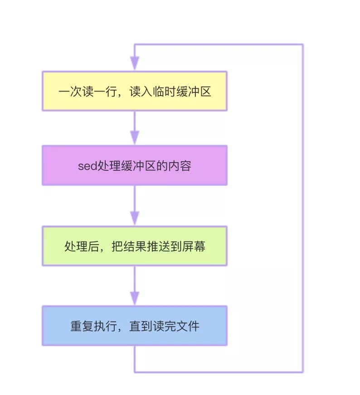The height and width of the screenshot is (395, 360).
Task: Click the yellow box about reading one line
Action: pyautogui.click(x=134, y=91)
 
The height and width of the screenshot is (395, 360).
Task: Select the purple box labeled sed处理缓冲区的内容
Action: pyautogui.click(x=134, y=165)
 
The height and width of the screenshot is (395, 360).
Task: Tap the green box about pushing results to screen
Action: pyautogui.click(x=134, y=246)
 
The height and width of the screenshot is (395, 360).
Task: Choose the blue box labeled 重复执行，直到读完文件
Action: pyautogui.click(x=134, y=326)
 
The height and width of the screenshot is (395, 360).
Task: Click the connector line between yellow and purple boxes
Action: pyautogui.click(x=135, y=120)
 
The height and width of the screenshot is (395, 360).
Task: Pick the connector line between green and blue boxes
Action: pyautogui.click(x=135, y=279)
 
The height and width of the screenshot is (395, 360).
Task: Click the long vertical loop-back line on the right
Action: pyautogui.click(x=302, y=208)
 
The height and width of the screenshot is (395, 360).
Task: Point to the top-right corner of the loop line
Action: pyautogui.click(x=302, y=44)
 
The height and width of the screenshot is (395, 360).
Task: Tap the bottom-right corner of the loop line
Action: pyautogui.click(x=302, y=372)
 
